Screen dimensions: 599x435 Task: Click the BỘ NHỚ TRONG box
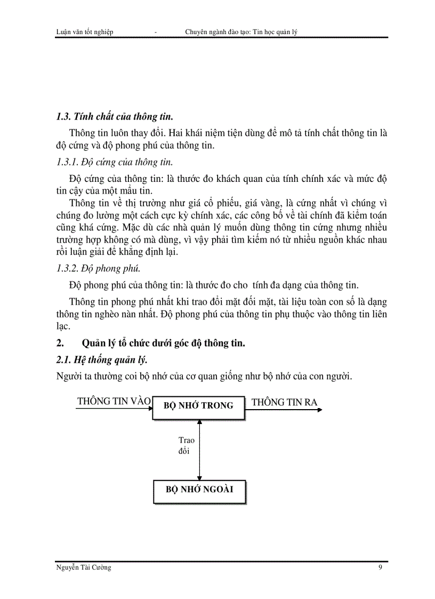click(199, 405)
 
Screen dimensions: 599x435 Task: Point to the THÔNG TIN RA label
click(284, 402)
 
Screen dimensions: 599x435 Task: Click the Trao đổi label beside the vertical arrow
click(186, 445)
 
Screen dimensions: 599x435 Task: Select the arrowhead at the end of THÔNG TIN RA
click(319, 410)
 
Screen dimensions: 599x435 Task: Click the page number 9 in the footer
click(380, 568)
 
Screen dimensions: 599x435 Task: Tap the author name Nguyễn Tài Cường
click(84, 568)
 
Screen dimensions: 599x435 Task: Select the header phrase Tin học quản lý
click(275, 32)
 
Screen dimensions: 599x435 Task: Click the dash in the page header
click(155, 33)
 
